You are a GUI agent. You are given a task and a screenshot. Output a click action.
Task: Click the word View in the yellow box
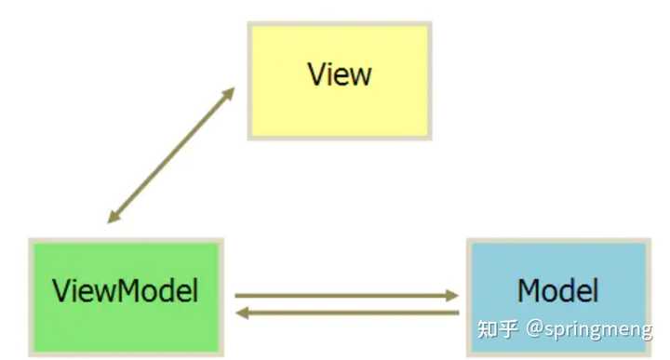pyautogui.click(x=339, y=74)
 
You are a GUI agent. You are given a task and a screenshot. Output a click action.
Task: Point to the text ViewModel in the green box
pyautogui.click(x=126, y=291)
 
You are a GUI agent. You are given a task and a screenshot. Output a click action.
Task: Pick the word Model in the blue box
pyautogui.click(x=556, y=291)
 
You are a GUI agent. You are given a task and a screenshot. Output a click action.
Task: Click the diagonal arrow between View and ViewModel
pyautogui.click(x=170, y=155)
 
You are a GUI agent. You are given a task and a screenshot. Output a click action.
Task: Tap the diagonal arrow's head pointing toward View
pyautogui.click(x=228, y=92)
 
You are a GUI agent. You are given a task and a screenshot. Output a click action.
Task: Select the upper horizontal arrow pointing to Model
pyautogui.click(x=344, y=296)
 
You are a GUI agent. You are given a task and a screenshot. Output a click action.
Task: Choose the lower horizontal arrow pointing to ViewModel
pyautogui.click(x=344, y=313)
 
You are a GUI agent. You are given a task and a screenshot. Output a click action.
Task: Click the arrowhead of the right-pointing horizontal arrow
pyautogui.click(x=453, y=296)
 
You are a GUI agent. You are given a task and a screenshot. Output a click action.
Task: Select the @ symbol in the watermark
pyautogui.click(x=534, y=329)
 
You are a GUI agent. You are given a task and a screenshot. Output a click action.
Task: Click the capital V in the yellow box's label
pyautogui.click(x=317, y=74)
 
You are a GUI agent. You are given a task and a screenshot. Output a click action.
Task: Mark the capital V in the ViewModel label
pyautogui.click(x=61, y=291)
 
